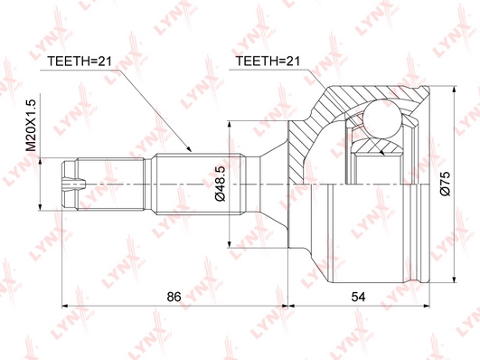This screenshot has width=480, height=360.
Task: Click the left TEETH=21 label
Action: click(79, 62)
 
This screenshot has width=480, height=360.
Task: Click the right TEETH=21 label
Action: click(268, 62)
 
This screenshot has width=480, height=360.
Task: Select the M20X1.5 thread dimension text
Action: click(31, 126)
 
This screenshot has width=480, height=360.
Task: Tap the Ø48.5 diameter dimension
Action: click(220, 183)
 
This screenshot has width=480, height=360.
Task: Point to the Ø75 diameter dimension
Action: click(445, 184)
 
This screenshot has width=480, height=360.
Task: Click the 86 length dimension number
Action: click(174, 297)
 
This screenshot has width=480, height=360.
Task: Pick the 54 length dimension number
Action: click(358, 297)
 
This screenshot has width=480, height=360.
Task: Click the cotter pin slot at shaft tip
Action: click(74, 184)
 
